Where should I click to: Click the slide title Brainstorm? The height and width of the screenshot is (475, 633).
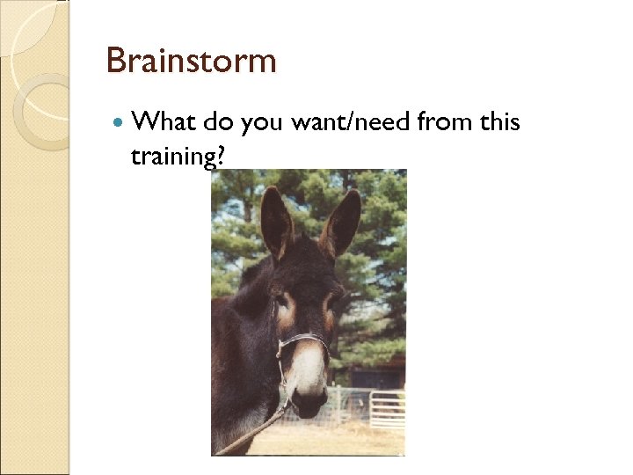[x=191, y=62]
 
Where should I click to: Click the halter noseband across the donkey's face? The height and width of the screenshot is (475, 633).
[x=304, y=339]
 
